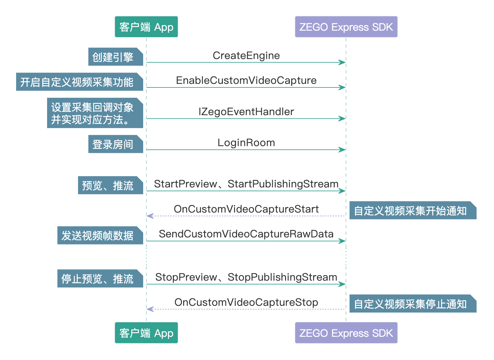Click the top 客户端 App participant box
tap(146, 27)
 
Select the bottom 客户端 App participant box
tap(146, 333)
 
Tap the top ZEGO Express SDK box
tap(346, 27)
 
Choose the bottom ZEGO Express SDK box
tap(346, 333)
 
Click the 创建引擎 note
tap(115, 57)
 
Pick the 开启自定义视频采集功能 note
tap(79, 82)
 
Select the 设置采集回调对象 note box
tap(95, 113)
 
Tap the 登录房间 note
tap(115, 144)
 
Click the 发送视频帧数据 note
tap(100, 235)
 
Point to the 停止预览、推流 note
tap(100, 278)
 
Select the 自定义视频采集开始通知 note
tap(413, 210)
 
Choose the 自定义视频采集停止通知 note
tap(413, 304)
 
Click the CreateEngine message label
tap(246, 55)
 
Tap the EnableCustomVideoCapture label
tap(246, 80)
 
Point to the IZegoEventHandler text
tap(246, 112)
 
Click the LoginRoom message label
tap(246, 143)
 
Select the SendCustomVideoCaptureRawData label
tap(246, 234)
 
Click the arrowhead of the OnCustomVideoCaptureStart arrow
tap(150, 216)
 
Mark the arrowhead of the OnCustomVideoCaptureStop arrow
tap(150, 309)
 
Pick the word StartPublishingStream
tap(283, 184)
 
